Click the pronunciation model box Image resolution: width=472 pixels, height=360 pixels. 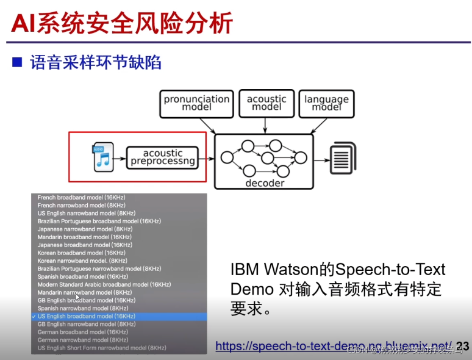point(197,103)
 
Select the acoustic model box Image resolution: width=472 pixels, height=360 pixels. point(266,103)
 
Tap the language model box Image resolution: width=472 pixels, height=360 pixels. point(326,103)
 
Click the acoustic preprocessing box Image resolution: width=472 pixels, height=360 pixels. point(163,157)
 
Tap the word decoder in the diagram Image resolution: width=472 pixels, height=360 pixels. point(265,183)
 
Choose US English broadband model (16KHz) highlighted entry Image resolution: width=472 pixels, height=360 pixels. point(87,317)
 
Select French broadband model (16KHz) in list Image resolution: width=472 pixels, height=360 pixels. point(81,198)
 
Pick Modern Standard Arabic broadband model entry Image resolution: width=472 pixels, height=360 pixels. point(104,285)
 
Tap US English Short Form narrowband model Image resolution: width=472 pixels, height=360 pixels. point(102,348)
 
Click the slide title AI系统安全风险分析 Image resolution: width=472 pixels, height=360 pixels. point(122,23)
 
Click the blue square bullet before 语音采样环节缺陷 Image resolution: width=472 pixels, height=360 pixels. point(17,62)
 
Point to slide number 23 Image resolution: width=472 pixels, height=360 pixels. point(463,346)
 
